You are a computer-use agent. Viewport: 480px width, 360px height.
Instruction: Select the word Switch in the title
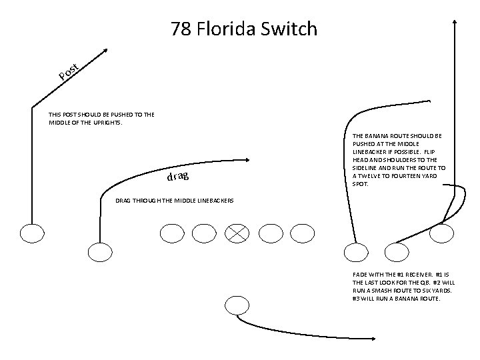[291, 29]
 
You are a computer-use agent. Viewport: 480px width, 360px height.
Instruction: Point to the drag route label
[178, 177]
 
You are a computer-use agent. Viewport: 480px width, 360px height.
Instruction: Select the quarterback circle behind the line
[236, 305]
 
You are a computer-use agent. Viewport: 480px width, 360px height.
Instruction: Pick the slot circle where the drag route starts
[100, 252]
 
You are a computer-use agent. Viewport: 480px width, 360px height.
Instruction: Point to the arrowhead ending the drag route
[248, 159]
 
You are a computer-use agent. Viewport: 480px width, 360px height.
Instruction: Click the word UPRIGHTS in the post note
[106, 123]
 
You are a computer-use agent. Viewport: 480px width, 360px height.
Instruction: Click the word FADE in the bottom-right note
[360, 275]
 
